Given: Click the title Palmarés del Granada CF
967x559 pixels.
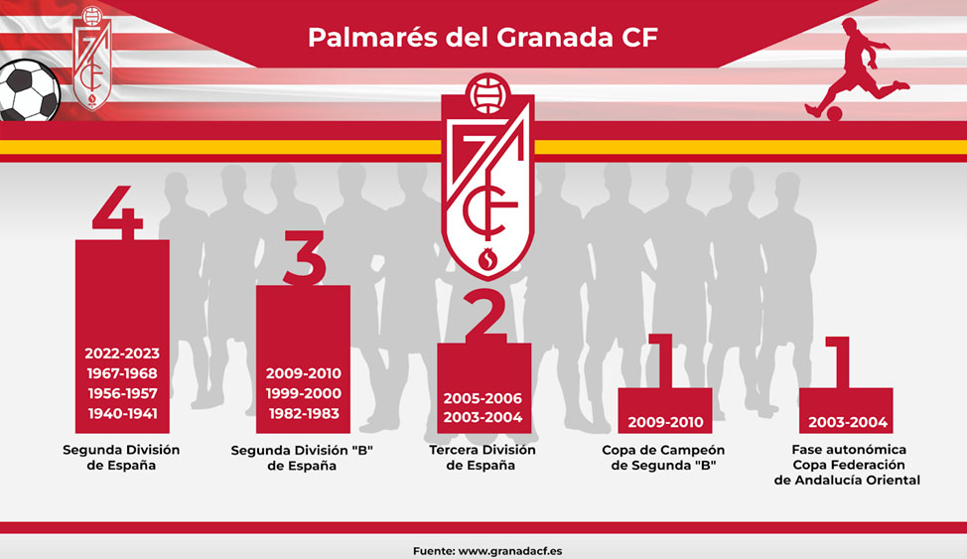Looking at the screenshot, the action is click(x=483, y=37).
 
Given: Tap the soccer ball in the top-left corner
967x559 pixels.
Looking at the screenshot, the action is click(x=29, y=90).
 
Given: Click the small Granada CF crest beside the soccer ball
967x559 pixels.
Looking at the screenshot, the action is click(x=92, y=59).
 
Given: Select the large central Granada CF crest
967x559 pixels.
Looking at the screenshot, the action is click(x=487, y=177).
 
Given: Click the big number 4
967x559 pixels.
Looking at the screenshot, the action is click(x=118, y=212).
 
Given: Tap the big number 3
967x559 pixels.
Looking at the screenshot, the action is click(x=305, y=258).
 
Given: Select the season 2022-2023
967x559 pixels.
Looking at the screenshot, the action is click(x=122, y=353).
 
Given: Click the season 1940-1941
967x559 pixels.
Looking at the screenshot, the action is click(x=122, y=413).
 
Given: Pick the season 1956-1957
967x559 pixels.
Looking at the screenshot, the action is click(x=122, y=393).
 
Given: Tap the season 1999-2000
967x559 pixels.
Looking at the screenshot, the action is click(x=304, y=393).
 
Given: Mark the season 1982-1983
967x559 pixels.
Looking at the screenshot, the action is click(x=304, y=413).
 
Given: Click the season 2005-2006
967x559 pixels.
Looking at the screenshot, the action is click(x=483, y=398).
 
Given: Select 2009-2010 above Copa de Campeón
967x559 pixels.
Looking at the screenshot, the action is click(x=665, y=423).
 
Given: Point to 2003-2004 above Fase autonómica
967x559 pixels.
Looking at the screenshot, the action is click(x=848, y=423).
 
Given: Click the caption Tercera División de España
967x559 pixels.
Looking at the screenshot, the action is click(x=483, y=457).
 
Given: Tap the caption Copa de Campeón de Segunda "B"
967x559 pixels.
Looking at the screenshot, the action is click(x=663, y=457).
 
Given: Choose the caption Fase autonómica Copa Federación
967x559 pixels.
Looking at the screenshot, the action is click(x=849, y=457).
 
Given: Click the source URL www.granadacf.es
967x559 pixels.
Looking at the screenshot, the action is click(x=510, y=551).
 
